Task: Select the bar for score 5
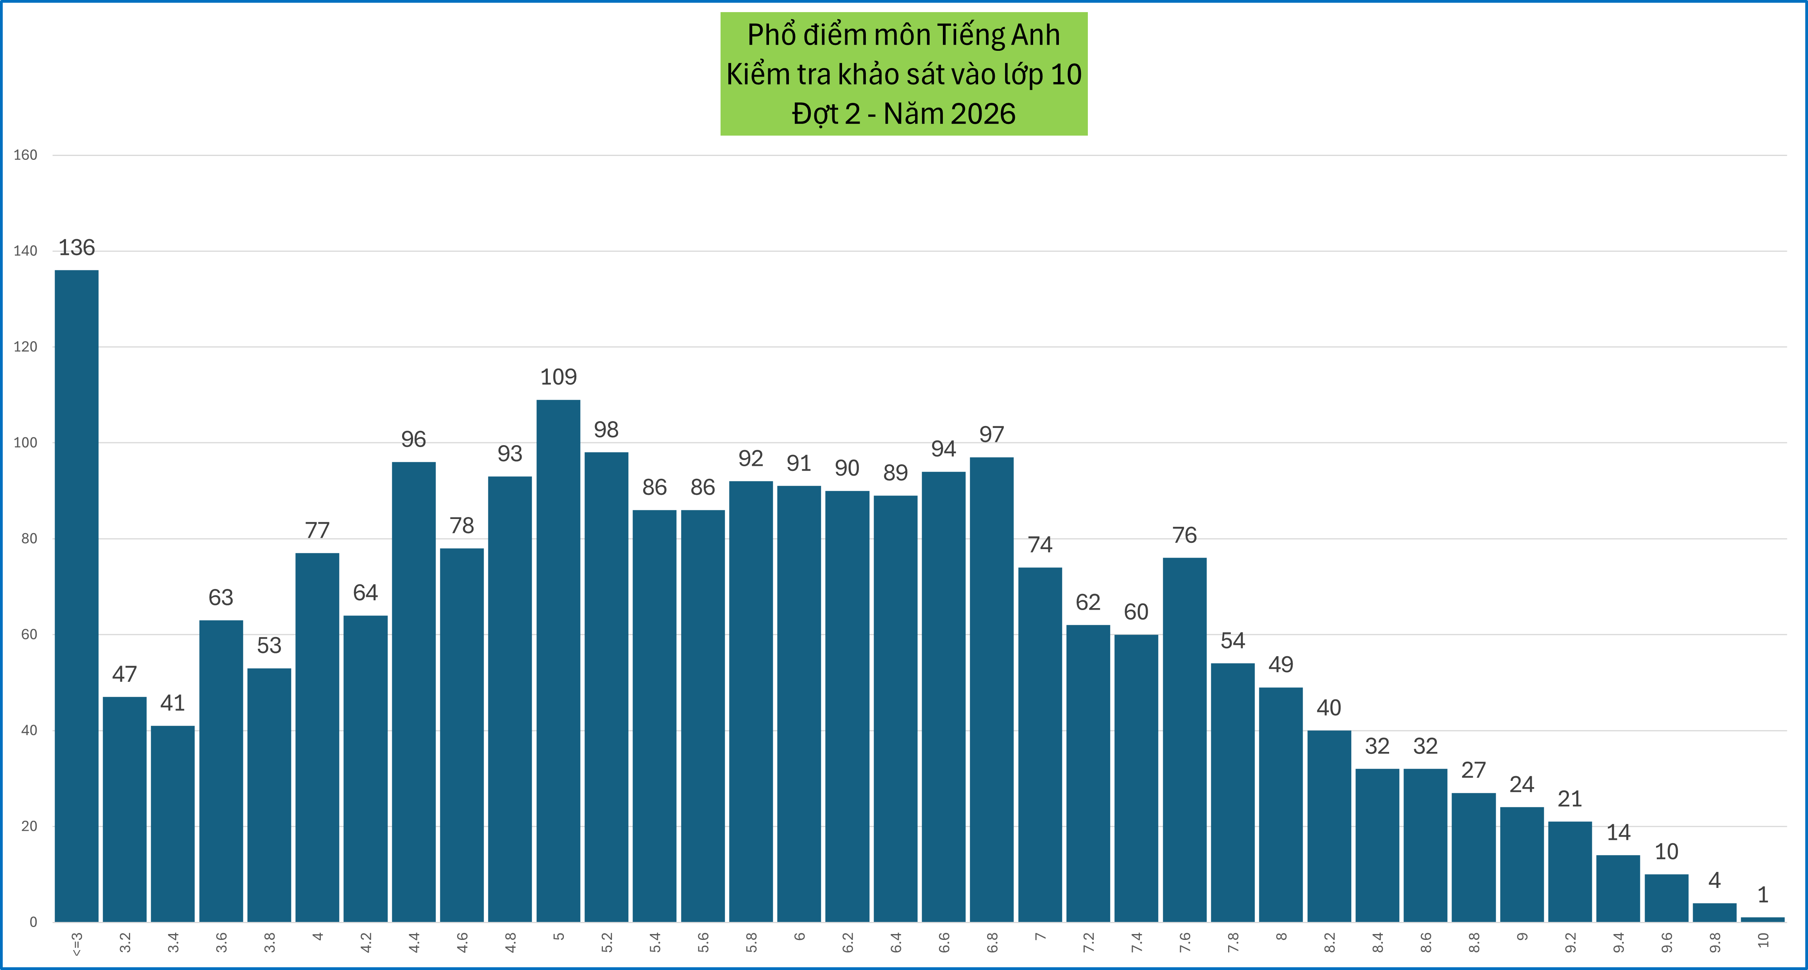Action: point(558,660)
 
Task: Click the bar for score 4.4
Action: point(413,691)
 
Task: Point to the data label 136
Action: point(77,248)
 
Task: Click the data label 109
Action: point(558,377)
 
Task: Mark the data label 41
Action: point(173,703)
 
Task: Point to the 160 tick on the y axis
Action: point(25,155)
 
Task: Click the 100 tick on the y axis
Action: point(25,443)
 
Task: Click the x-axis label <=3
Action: point(77,943)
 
